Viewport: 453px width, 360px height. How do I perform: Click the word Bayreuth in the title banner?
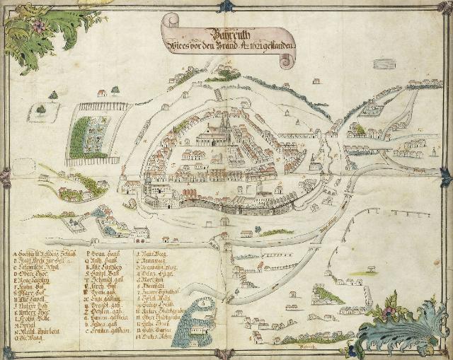tap(223, 33)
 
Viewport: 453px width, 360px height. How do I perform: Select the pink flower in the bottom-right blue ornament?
tap(389, 311)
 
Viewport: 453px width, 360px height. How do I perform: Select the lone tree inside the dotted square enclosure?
tap(41, 110)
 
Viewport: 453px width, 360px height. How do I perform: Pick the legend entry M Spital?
tap(28, 330)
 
